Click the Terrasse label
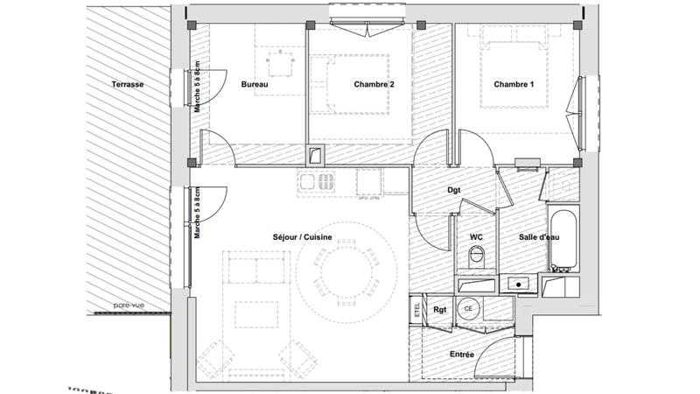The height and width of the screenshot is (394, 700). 128,84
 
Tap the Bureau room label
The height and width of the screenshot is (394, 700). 254,84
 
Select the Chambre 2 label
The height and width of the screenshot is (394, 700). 374,84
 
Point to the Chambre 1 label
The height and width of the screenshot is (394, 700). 513,84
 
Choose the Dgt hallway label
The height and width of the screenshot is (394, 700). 454,190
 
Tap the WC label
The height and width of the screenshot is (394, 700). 477,236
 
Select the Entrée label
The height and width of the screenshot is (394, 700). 461,354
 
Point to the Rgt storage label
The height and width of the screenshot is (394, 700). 440,310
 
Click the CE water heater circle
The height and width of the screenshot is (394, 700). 468,309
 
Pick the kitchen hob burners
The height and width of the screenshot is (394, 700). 317,183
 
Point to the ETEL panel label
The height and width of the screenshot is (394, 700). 415,309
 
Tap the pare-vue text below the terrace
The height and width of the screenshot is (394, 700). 128,306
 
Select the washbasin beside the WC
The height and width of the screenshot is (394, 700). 518,284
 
